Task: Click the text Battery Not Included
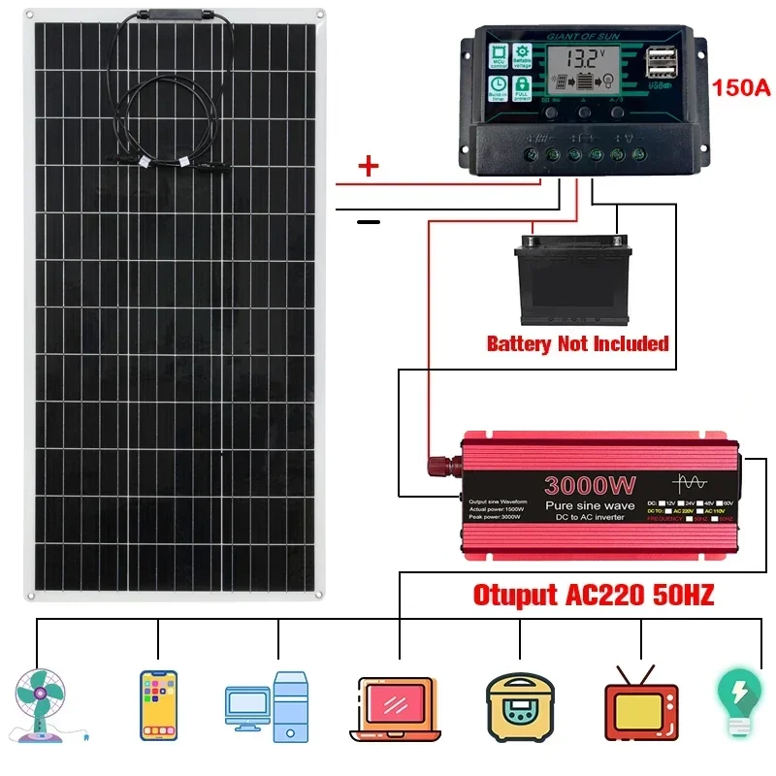[x=577, y=343]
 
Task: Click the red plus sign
[x=369, y=166]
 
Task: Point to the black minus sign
[x=369, y=222]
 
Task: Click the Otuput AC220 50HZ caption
[x=593, y=595]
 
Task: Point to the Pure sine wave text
[x=589, y=506]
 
